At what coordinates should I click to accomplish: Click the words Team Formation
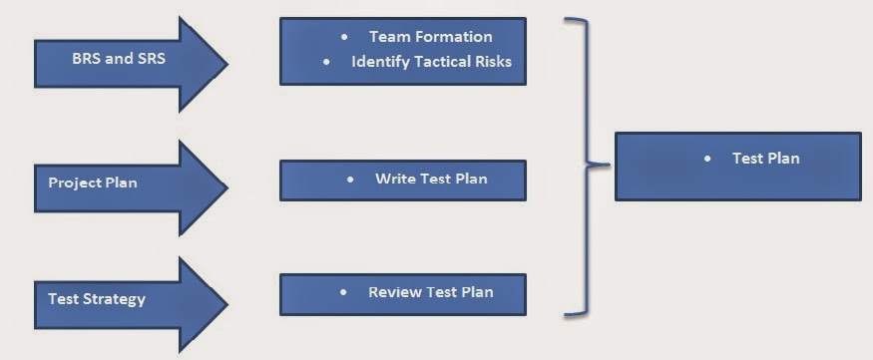click(430, 37)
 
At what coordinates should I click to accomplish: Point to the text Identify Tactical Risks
click(431, 62)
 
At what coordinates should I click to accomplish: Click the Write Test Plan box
click(402, 180)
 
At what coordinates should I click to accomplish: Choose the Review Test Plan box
click(402, 294)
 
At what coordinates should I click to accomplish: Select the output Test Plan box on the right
click(737, 166)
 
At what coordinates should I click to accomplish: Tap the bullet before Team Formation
click(344, 37)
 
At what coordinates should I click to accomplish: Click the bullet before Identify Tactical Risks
click(326, 62)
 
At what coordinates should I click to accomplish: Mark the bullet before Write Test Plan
click(350, 180)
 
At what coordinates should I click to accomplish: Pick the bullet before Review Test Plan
click(343, 293)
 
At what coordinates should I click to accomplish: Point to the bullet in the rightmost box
click(707, 159)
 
